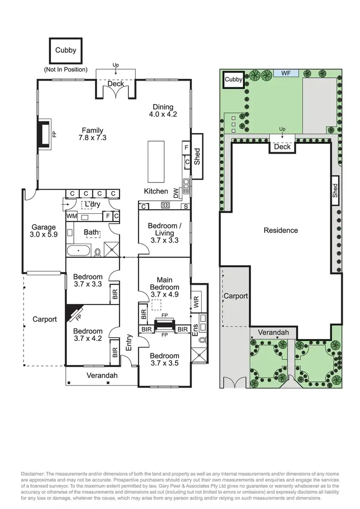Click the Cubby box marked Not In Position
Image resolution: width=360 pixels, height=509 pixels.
66,50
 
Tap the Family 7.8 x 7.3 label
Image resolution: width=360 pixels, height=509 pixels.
93,134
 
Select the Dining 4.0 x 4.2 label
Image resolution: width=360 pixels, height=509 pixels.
163,111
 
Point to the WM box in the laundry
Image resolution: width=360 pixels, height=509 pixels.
72,217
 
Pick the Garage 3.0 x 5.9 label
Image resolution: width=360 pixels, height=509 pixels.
44,231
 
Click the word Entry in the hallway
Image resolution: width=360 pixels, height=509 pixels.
128,342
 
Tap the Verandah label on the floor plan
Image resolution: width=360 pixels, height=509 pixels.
102,376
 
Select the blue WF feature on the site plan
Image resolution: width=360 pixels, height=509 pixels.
286,73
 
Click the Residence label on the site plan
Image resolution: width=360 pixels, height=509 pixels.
281,230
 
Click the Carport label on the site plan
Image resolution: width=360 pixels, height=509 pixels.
235,296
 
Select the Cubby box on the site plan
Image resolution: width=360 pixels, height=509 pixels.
234,80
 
